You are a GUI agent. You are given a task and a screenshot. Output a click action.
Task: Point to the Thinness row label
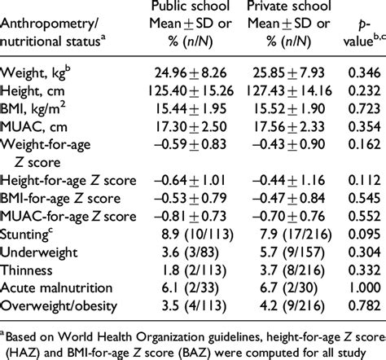click(29, 265)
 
